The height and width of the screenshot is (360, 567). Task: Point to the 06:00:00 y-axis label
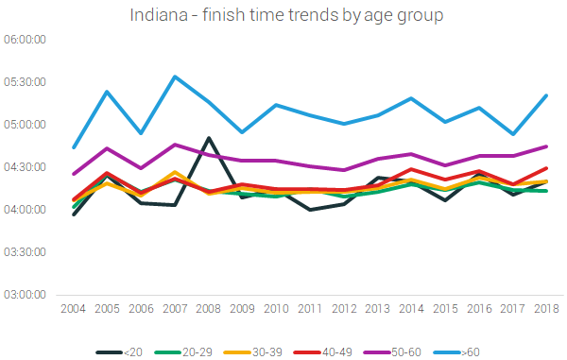(26, 40)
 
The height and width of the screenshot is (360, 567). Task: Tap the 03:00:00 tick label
(26, 295)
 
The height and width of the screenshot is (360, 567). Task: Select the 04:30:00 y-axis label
(26, 167)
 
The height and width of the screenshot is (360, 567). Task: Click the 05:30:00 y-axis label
(26, 82)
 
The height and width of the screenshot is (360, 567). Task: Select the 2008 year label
(208, 308)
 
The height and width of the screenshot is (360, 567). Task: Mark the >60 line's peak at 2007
(175, 77)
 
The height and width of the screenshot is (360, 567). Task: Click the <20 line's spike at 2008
(208, 138)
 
